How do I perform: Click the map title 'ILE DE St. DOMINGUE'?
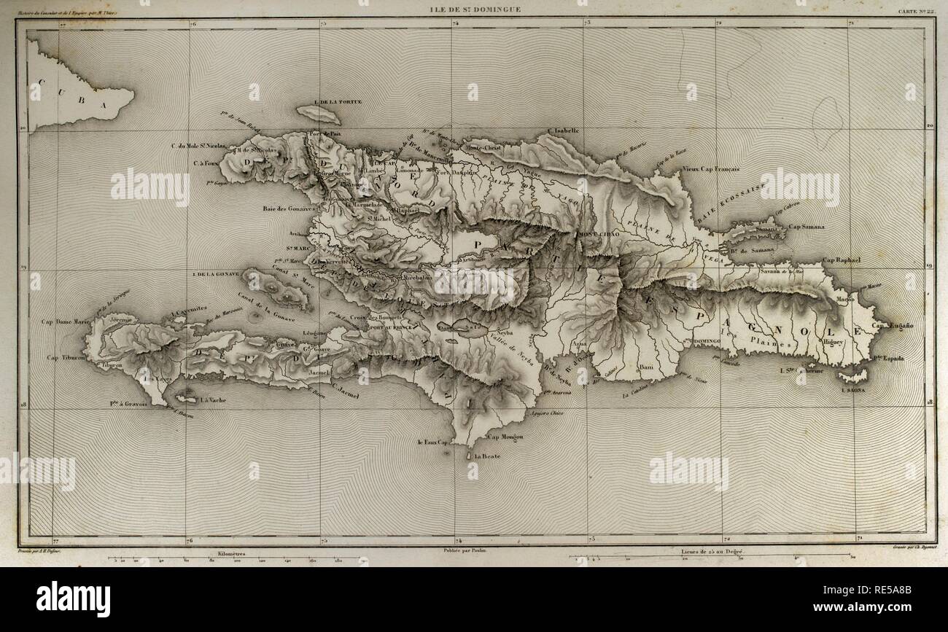[x=473, y=9]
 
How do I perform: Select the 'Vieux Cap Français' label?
[x=712, y=169]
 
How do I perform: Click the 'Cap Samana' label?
[x=806, y=227]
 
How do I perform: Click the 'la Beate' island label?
[x=486, y=456]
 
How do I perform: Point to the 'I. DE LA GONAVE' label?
[x=217, y=275]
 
